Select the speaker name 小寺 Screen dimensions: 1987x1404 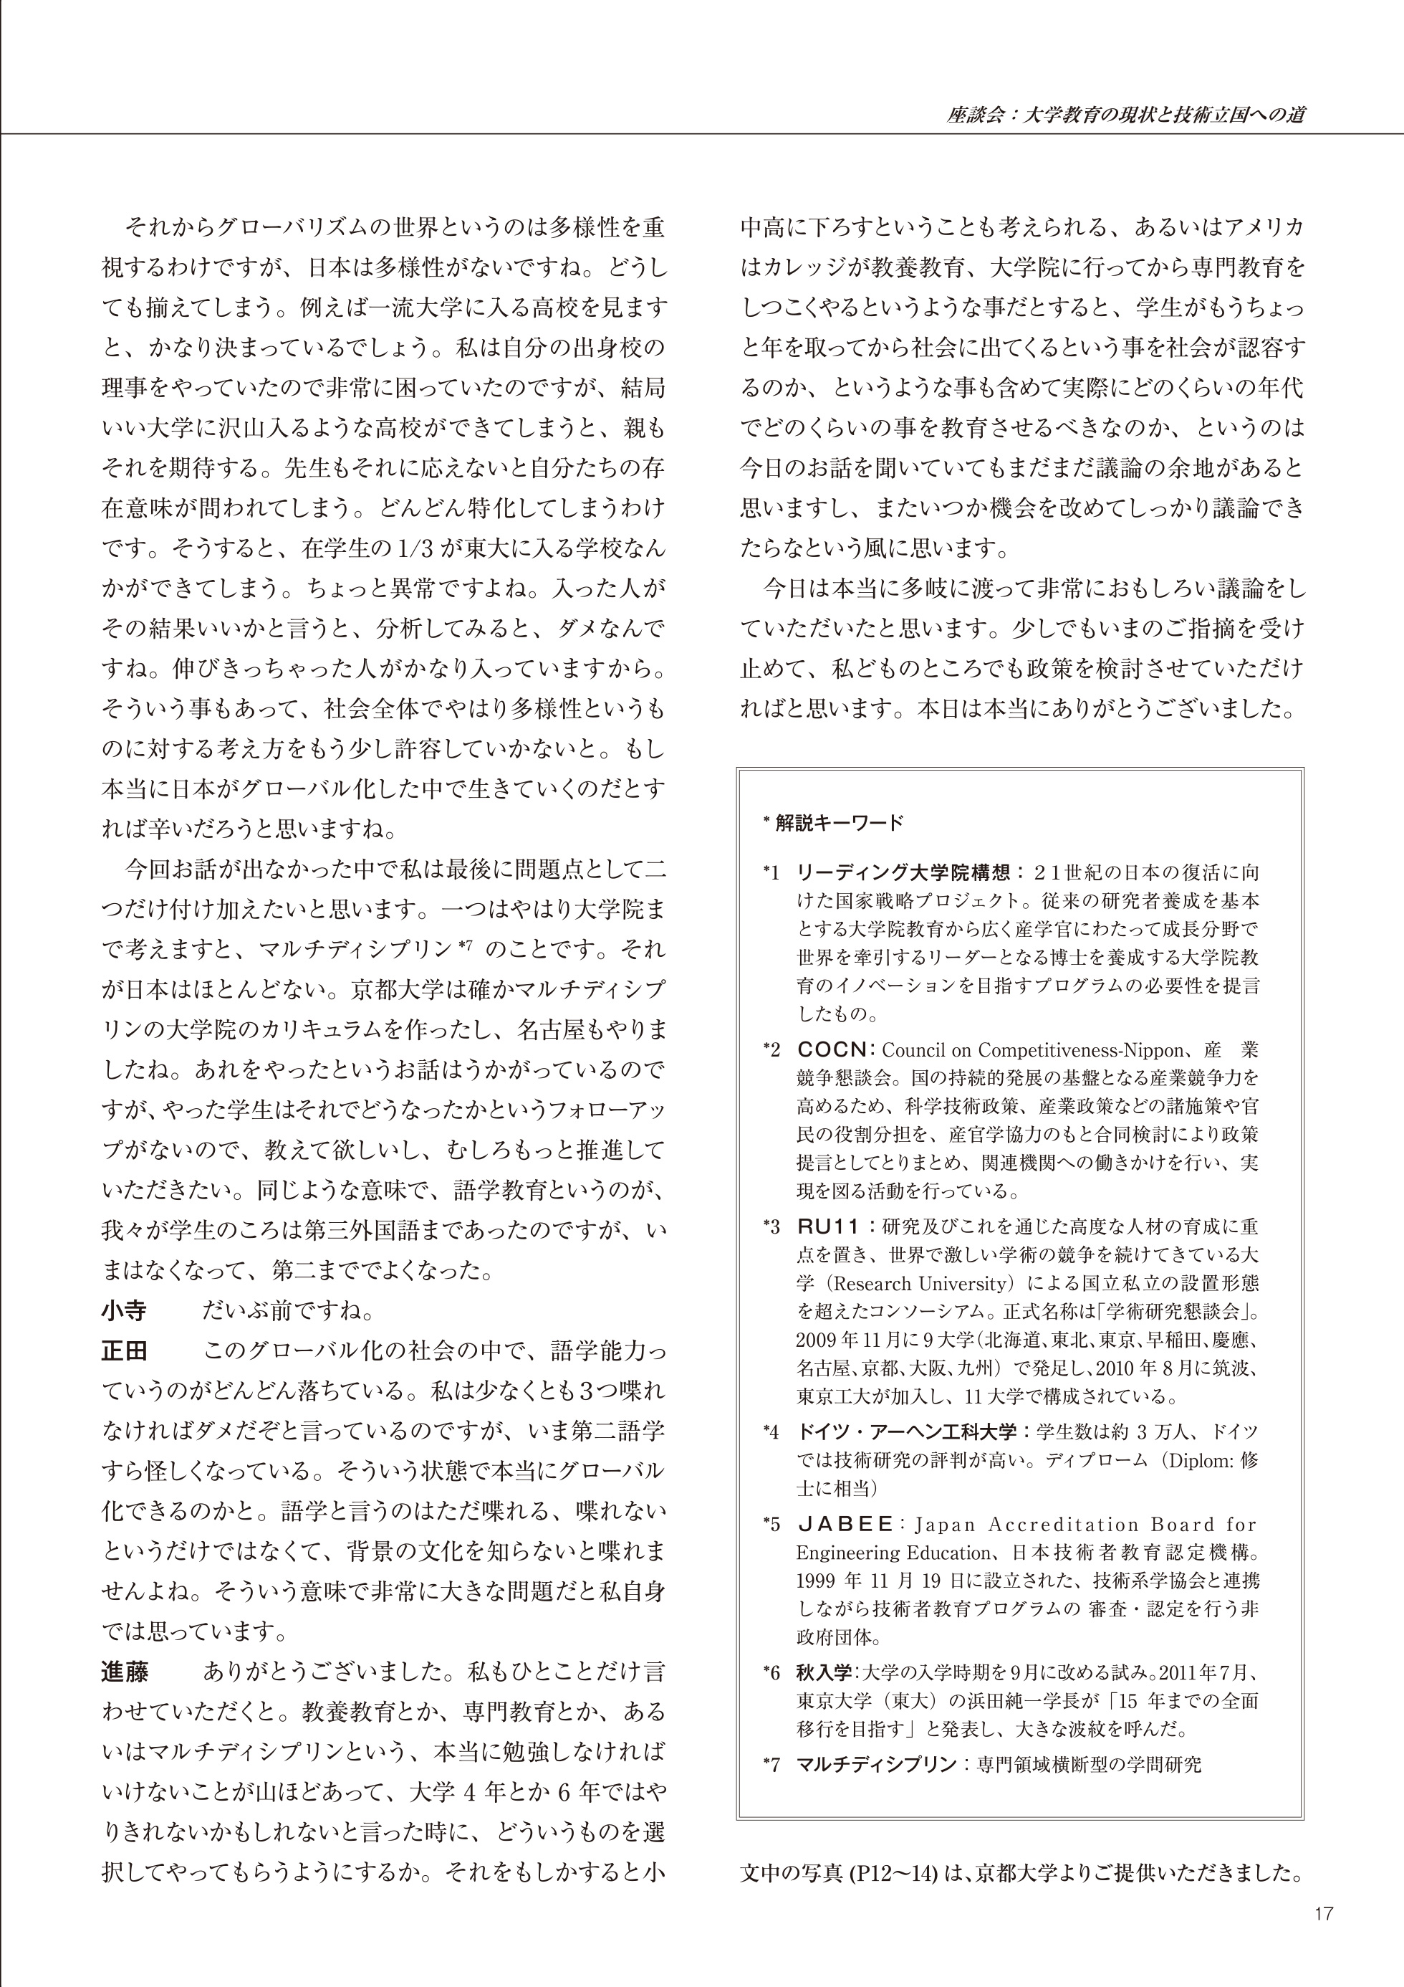pos(124,1312)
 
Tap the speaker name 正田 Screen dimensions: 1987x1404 pos(124,1352)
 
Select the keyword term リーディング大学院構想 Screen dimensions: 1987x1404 pos(900,872)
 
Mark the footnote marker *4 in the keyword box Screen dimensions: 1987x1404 pos(771,1433)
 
